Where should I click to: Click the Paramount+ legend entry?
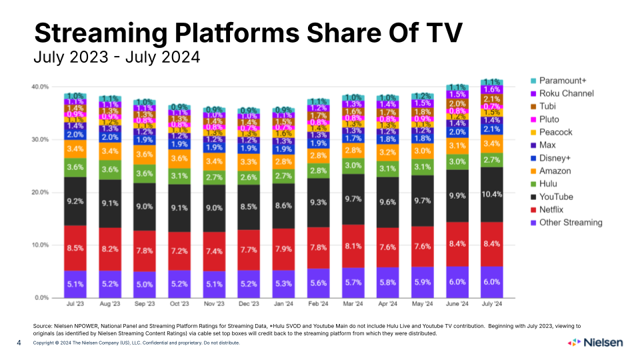coord(562,81)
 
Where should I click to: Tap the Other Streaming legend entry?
coord(570,222)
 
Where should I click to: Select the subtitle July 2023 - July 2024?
coord(117,57)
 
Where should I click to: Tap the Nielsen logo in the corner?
coord(595,343)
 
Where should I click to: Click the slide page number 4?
coord(19,343)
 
